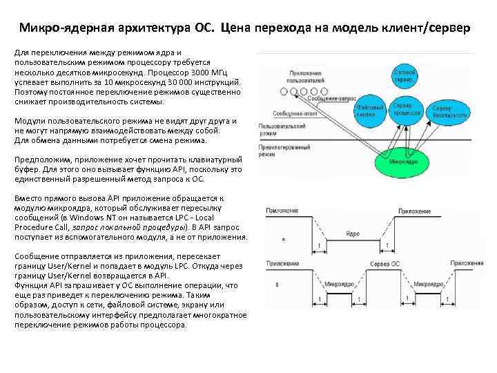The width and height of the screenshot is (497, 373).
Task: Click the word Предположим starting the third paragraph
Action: coord(42,159)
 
